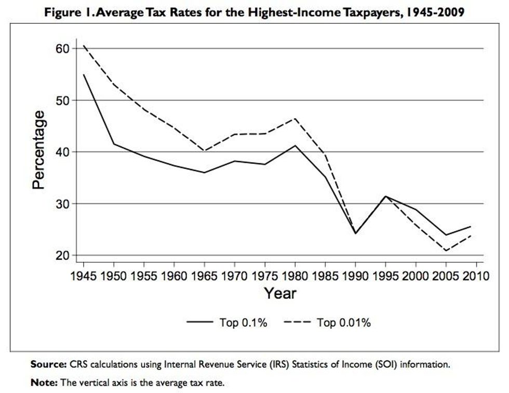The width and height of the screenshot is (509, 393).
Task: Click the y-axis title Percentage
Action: coord(39,150)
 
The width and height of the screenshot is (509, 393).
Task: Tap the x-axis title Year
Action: coord(280,293)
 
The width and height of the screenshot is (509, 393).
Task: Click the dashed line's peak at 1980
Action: coord(295,118)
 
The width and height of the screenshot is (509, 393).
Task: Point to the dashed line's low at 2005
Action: coord(446,251)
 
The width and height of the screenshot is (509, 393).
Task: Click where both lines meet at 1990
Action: coord(356,233)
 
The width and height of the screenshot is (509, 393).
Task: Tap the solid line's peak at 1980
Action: coord(295,145)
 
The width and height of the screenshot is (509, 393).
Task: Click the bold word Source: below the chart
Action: coord(48,364)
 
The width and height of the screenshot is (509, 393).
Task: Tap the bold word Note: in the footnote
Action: coord(45,383)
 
